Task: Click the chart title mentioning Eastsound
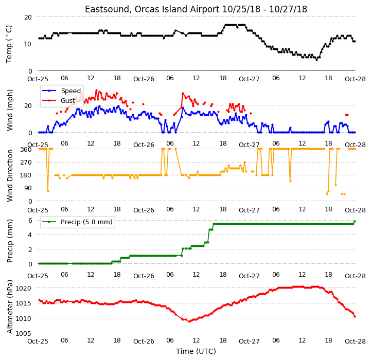[x=196, y=9]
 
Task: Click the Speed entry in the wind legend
[x=70, y=91]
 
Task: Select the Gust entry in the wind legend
[x=68, y=101]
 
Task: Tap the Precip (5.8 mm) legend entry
[x=86, y=222]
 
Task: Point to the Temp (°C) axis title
[x=9, y=44]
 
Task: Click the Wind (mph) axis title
[x=9, y=110]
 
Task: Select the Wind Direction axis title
[x=9, y=175]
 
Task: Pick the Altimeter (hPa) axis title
[x=9, y=307]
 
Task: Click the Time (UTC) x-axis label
[x=196, y=351]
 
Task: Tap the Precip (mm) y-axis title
[x=9, y=241]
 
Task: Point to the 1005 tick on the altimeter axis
[x=23, y=333]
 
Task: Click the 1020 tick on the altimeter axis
[x=23, y=289]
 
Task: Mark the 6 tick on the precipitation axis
[x=30, y=221]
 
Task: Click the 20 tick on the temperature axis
[x=28, y=17]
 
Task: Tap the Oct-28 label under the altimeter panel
[x=355, y=341]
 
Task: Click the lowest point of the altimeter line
[x=189, y=321]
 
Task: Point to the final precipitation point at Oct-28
[x=355, y=221]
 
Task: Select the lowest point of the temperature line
[x=316, y=60]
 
